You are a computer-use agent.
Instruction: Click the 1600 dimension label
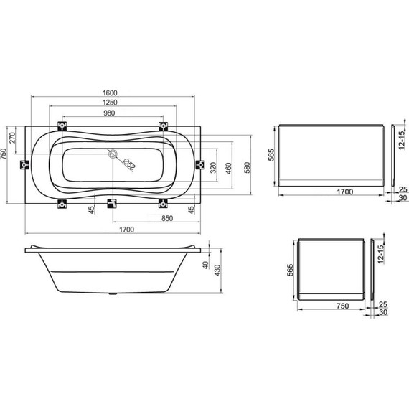click(x=110, y=93)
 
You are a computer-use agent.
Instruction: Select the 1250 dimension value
click(x=110, y=103)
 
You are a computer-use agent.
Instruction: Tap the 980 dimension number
click(x=109, y=113)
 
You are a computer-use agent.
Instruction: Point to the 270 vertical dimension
click(x=13, y=138)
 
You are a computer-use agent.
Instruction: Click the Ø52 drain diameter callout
click(x=130, y=164)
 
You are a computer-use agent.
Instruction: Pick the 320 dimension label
click(x=213, y=168)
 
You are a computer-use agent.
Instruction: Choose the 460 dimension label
click(x=228, y=168)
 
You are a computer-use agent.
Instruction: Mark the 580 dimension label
click(x=247, y=168)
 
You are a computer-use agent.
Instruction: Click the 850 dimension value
click(x=167, y=218)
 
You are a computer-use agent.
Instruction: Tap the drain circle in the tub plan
click(x=113, y=154)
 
